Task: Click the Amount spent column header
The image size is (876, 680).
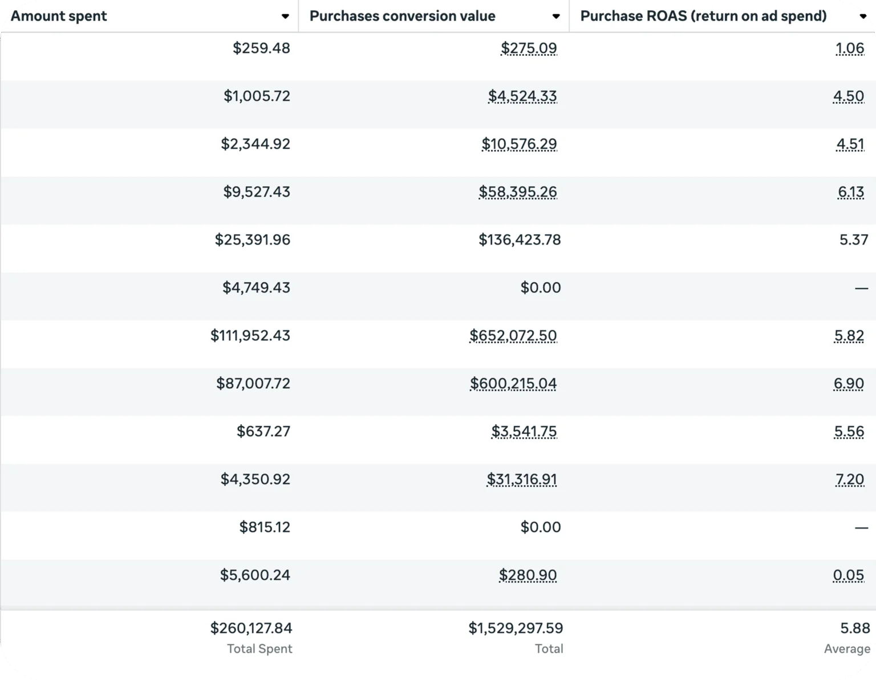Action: coord(59,16)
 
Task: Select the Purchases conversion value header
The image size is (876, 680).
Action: coord(402,16)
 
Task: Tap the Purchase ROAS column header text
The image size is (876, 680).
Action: coord(703,16)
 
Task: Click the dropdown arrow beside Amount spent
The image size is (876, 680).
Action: coord(285,17)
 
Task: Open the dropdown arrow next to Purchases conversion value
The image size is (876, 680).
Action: coord(556,17)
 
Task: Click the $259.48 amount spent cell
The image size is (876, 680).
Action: coord(261,48)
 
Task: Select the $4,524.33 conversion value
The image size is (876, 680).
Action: coord(522,96)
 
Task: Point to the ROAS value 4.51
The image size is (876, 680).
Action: coord(850,144)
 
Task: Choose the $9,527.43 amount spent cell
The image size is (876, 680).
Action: coord(257,192)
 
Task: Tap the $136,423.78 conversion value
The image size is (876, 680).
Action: coord(520,239)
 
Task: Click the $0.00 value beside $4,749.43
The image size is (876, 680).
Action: coord(541,287)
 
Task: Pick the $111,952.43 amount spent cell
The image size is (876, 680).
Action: coord(250,335)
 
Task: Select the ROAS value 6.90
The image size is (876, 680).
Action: coord(849,383)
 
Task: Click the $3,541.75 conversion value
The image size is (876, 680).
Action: coord(524,431)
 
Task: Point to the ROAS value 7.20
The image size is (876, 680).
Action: coord(850,479)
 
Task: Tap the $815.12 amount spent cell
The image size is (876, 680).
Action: coord(265,527)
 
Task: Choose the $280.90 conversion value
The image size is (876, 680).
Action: coord(528,575)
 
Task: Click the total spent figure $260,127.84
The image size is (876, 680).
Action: coord(251,628)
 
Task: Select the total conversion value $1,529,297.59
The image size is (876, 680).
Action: coord(516,628)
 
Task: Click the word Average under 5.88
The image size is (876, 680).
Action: coord(847,649)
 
